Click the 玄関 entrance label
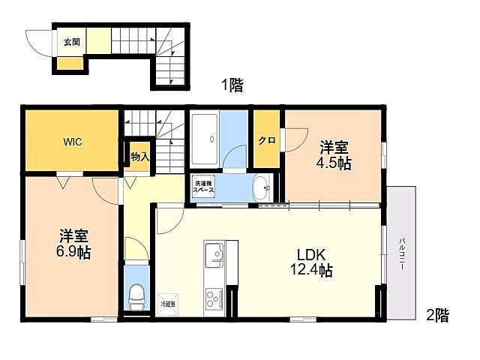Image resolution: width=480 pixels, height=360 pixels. [x=71, y=42]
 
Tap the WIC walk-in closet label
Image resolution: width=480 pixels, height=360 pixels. [x=73, y=141]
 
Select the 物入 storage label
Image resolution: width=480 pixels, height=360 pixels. [x=139, y=157]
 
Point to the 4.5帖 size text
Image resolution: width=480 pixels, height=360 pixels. [x=334, y=163]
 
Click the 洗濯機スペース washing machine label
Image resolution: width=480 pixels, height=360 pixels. [x=205, y=187]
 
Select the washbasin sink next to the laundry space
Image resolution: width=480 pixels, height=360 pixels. [x=262, y=187]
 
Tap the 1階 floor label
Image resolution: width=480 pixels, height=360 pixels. [x=232, y=85]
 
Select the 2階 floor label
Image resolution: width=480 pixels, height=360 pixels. [x=438, y=316]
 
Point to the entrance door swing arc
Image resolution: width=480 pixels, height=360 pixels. [x=37, y=39]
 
